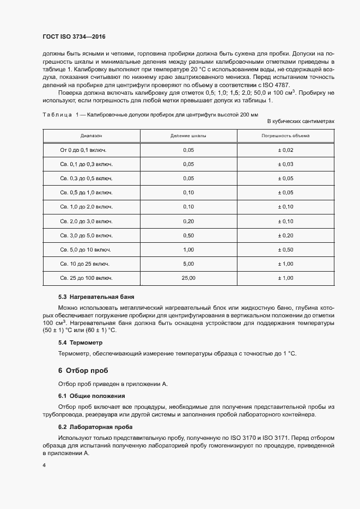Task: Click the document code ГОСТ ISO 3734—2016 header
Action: (74, 36)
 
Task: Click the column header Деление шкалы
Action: (188, 135)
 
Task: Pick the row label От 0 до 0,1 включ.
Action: (83, 150)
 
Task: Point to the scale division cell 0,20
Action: (188, 221)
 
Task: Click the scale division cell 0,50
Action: (188, 235)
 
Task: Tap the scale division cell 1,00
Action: (188, 249)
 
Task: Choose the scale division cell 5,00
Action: (188, 263)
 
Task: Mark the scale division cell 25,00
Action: (188, 278)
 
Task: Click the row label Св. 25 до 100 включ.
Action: (86, 278)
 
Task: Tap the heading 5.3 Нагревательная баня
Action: (93, 298)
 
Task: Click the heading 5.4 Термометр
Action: (80, 342)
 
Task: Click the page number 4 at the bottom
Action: (44, 466)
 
